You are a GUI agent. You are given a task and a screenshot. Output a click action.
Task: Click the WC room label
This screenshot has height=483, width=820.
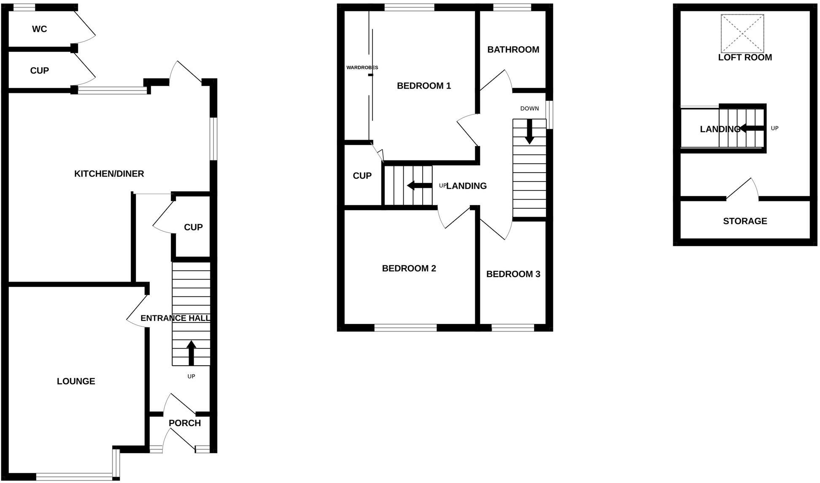(39, 29)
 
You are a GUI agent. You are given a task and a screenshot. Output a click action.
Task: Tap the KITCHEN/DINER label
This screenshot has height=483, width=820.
(109, 174)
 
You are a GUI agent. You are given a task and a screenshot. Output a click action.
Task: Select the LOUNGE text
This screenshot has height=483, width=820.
(76, 381)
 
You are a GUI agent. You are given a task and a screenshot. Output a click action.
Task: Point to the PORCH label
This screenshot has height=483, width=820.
(184, 423)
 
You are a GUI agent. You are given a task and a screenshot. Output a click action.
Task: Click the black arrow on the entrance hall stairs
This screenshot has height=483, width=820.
(191, 352)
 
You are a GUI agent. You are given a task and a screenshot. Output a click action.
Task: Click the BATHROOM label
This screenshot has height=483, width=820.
(513, 49)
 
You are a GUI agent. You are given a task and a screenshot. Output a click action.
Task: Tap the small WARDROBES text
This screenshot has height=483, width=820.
(362, 68)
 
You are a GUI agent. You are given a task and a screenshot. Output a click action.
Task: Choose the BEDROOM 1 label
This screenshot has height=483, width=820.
(423, 86)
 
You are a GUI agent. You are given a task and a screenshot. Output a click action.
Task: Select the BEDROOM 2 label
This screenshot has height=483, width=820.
(409, 269)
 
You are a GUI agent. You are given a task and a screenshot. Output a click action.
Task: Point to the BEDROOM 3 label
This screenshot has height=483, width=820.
(513, 274)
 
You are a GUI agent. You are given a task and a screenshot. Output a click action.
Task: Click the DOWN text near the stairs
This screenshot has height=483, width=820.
(529, 109)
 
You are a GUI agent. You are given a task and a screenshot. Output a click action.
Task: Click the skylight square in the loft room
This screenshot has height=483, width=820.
(742, 33)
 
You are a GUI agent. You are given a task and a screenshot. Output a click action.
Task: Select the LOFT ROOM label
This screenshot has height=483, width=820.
(745, 57)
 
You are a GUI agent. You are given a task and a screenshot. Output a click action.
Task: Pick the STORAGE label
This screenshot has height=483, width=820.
(745, 221)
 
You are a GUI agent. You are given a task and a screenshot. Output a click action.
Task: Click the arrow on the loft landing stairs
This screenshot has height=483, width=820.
(751, 128)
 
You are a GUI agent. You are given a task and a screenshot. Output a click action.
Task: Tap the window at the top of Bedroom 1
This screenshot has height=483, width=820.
(409, 7)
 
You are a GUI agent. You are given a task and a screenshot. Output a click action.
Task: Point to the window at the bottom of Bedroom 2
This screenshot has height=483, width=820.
(405, 327)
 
